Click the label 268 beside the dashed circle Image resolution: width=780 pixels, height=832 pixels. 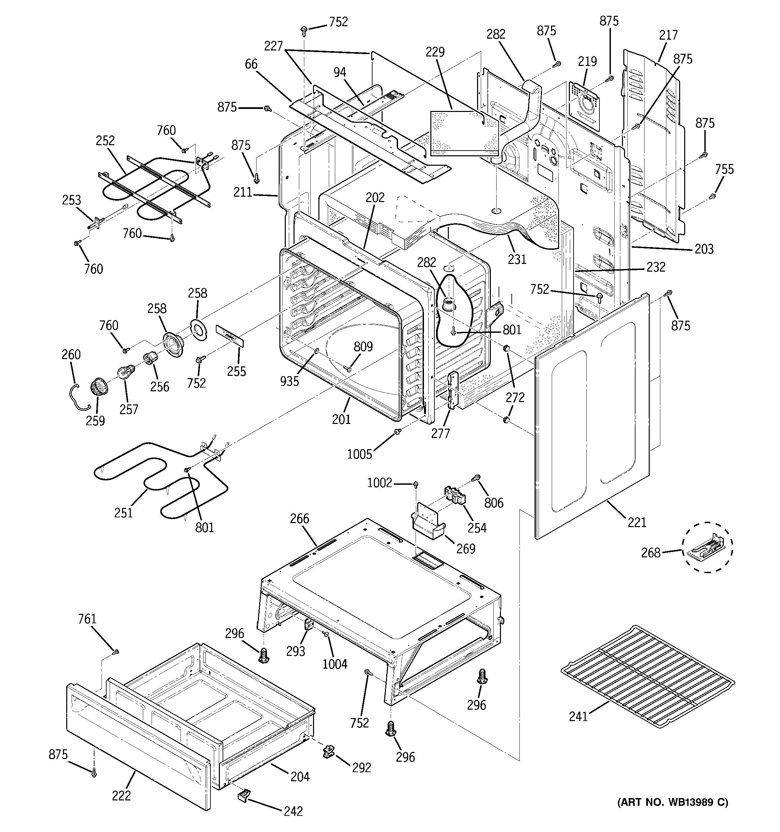click(651, 553)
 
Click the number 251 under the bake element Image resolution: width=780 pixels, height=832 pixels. click(123, 513)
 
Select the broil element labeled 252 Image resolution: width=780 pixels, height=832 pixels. click(155, 184)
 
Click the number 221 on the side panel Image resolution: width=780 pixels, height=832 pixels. click(637, 522)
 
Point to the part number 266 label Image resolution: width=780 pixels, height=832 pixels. click(300, 519)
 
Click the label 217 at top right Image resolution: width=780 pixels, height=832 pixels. click(668, 35)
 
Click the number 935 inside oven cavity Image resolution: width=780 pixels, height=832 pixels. click(290, 381)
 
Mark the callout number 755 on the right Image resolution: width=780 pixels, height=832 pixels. click(724, 169)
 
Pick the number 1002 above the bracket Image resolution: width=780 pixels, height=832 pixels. click(380, 483)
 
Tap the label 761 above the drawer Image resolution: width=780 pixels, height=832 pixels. click(87, 619)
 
